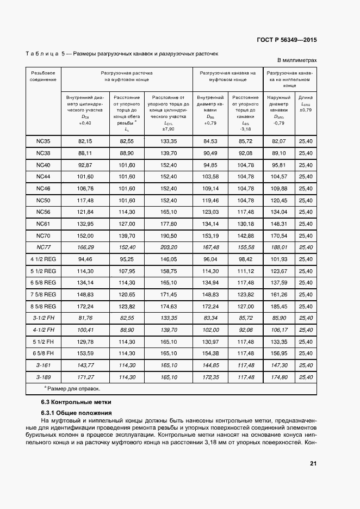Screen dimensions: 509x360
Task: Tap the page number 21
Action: tap(313, 463)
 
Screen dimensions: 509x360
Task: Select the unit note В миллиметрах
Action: tap(297, 61)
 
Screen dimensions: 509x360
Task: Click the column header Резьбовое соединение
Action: tap(44, 76)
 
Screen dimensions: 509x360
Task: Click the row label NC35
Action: tap(44, 141)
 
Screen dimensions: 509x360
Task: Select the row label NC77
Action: tap(44, 247)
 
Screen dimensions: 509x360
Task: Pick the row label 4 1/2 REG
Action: tap(44, 259)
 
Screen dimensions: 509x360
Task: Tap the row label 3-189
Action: tap(44, 376)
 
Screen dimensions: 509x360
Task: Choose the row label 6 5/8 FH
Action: tap(44, 353)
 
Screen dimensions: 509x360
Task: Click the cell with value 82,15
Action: tap(85, 141)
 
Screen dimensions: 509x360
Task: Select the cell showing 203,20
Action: tap(169, 247)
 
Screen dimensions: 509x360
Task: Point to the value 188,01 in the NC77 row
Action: tap(278, 247)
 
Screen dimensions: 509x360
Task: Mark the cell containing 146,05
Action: tap(169, 259)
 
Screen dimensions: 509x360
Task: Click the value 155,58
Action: tap(246, 247)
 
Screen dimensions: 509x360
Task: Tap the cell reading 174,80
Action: tap(278, 376)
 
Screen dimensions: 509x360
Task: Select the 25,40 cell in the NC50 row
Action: tap(306, 200)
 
